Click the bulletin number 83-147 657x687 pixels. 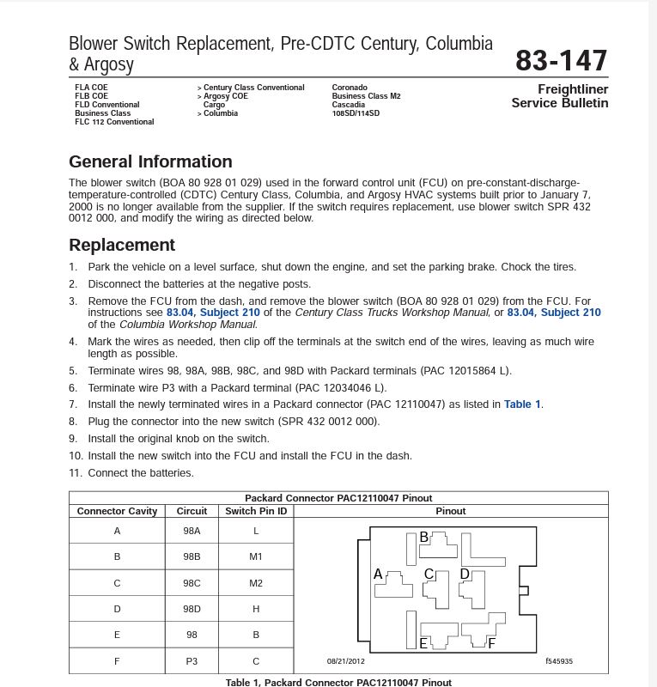(561, 60)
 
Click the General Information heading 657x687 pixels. (150, 161)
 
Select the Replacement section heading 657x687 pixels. (122, 245)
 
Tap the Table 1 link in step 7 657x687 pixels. (522, 404)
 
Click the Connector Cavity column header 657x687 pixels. (117, 511)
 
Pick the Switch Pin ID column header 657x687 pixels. (256, 511)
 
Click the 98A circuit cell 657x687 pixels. (192, 531)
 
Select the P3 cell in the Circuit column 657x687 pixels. (192, 661)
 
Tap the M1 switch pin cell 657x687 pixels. (256, 556)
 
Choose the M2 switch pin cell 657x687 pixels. (256, 583)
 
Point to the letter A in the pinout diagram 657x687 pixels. (378, 574)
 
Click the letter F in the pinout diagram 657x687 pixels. (491, 643)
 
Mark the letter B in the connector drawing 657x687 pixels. (423, 538)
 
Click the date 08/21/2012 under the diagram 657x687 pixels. (345, 661)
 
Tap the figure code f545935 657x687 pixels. (558, 661)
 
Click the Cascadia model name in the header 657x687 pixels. (349, 105)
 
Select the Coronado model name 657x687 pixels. (350, 88)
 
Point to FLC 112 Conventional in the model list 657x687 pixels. (114, 122)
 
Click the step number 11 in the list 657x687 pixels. (76, 473)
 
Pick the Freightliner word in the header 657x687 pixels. (573, 89)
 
